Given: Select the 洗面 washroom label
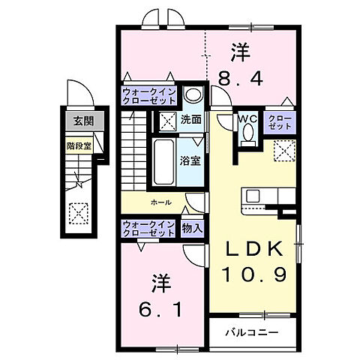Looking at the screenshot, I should [x=190, y=118].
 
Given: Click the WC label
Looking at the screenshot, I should [x=247, y=118].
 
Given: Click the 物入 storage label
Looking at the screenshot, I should [x=191, y=227].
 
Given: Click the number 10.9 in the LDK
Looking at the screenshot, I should [x=254, y=276].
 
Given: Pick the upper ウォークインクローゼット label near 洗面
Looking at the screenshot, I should [x=149, y=97].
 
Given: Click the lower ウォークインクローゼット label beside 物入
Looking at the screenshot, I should [x=149, y=227].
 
